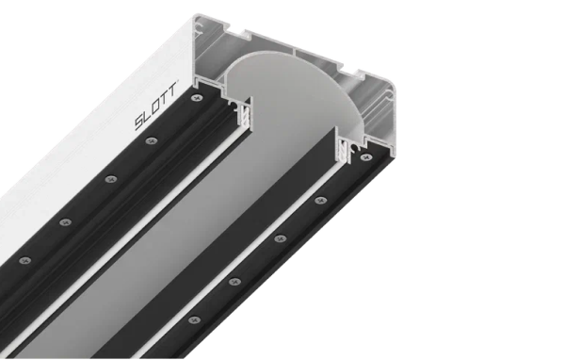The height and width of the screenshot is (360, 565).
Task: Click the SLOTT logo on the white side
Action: [155, 106]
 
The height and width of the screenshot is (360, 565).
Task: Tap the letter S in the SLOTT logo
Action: [139, 123]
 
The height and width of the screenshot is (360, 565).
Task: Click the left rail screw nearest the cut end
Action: [197, 97]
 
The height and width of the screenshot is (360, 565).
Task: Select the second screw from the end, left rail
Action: [152, 140]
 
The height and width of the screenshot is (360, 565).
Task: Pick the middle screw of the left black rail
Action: [111, 179]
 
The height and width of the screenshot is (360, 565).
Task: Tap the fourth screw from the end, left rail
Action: [65, 222]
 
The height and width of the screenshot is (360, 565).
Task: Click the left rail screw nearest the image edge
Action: [24, 260]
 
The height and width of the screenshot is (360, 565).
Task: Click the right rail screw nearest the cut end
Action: [366, 157]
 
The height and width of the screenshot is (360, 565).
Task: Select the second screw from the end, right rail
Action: [321, 200]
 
